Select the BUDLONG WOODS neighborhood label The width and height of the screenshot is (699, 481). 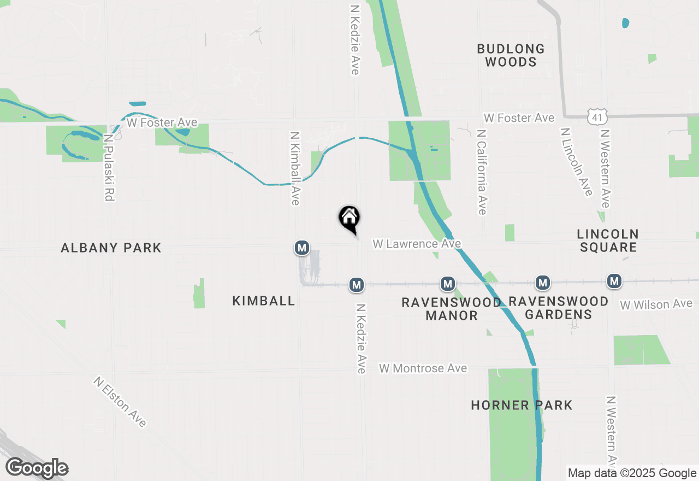point(511,55)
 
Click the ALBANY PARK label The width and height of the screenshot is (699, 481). point(111,248)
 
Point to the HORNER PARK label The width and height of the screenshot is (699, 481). point(522,405)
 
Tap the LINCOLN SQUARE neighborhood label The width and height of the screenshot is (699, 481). point(608,241)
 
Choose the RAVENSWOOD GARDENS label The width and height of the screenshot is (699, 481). point(558,308)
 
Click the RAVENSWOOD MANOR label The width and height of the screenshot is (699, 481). point(451,309)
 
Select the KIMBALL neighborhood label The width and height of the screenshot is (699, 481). point(264,301)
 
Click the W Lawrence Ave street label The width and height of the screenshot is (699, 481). point(417,244)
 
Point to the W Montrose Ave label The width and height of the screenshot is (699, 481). point(423,368)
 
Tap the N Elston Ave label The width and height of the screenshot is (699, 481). point(120,402)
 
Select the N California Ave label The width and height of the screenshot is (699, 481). point(481,172)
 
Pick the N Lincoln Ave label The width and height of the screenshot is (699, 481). point(577,162)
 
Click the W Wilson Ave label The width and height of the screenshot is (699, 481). point(656,304)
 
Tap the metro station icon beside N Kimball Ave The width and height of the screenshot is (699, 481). point(302,248)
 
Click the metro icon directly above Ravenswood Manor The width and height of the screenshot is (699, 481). point(448,284)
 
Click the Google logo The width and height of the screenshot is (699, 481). point(37,468)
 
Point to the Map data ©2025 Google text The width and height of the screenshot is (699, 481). point(632,473)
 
